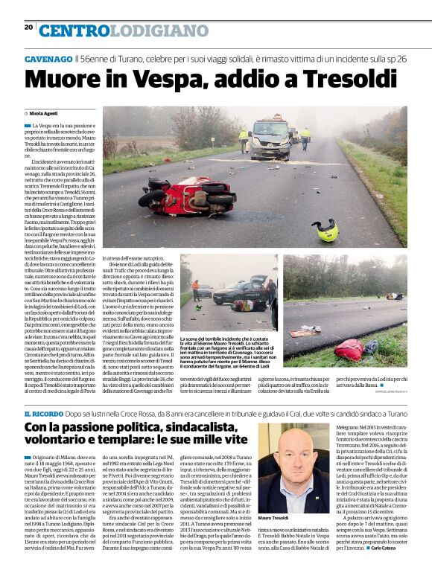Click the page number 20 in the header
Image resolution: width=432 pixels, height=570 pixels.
28,27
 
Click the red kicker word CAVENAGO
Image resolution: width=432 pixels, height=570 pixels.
48,58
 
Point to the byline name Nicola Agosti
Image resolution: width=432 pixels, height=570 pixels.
44,113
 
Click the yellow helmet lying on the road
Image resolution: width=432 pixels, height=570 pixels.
325,230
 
